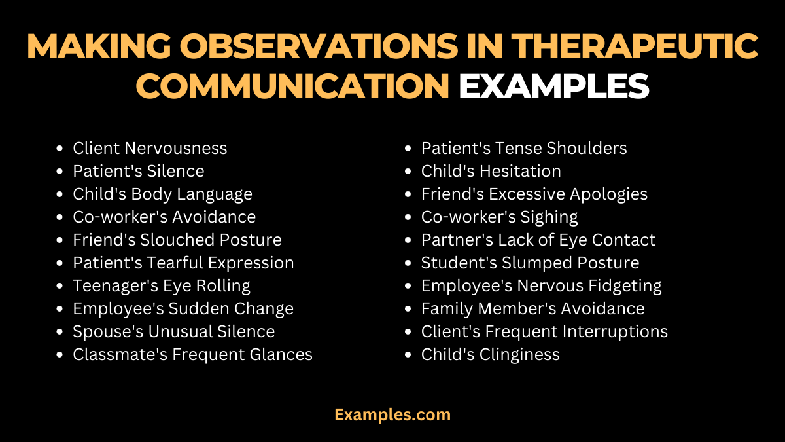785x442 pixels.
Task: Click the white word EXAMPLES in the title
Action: click(553, 86)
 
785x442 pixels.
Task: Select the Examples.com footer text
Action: click(392, 414)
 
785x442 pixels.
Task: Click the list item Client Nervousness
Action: click(150, 149)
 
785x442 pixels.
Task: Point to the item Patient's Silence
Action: click(139, 172)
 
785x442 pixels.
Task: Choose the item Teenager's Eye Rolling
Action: click(162, 286)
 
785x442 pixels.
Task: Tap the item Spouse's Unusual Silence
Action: click(174, 332)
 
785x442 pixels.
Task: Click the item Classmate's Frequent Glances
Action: click(192, 355)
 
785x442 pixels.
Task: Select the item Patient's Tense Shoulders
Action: click(523, 149)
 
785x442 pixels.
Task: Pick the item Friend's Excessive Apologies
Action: click(534, 194)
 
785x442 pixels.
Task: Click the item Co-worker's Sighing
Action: click(499, 217)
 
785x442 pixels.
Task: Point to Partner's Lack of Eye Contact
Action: click(538, 240)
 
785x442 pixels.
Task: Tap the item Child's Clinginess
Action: click(490, 355)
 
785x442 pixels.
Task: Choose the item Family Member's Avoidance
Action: click(532, 309)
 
